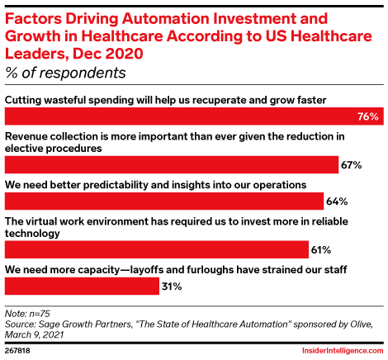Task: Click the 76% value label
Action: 368,116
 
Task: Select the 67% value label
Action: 352,165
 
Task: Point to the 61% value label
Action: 321,249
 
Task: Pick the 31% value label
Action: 171,287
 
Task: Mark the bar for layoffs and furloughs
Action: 82,287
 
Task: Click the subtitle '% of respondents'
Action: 65,73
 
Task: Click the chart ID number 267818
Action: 20,350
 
